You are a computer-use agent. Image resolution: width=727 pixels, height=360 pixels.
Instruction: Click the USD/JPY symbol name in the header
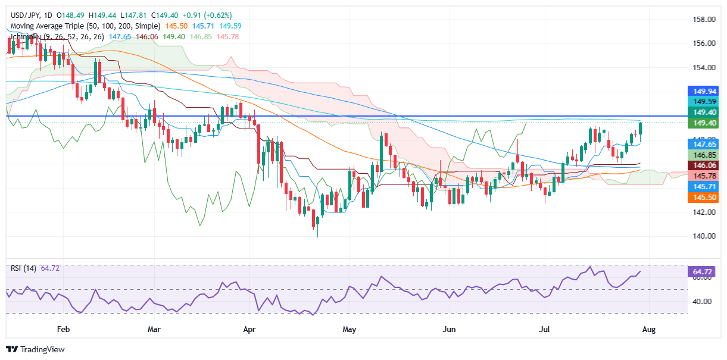click(24, 15)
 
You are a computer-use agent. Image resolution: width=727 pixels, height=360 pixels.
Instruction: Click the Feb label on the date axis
click(64, 329)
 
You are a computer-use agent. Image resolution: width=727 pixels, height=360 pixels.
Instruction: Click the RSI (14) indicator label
click(24, 268)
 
